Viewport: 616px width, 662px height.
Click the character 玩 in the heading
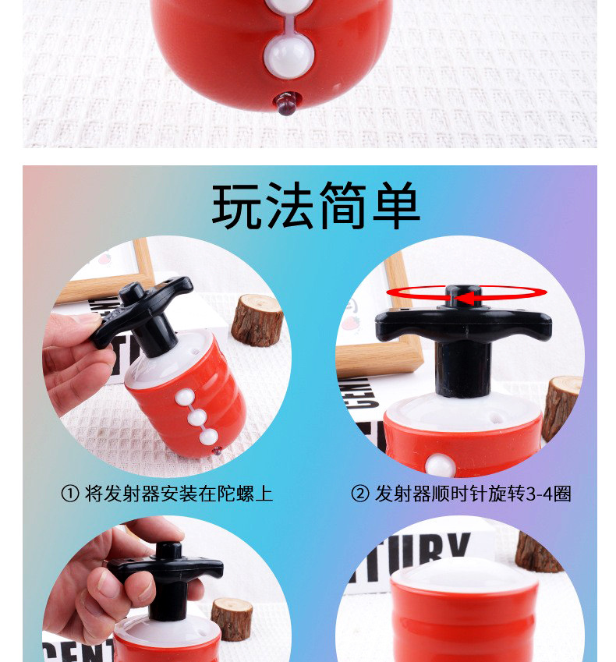[x=238, y=207]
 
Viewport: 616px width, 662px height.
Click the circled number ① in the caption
[x=70, y=494]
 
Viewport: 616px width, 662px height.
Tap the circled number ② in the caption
[x=359, y=494]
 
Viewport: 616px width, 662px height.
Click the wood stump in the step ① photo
[x=256, y=320]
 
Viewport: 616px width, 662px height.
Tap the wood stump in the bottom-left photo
[x=232, y=618]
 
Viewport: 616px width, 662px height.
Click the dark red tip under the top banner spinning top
[x=286, y=102]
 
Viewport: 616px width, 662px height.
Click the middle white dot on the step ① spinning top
[x=196, y=418]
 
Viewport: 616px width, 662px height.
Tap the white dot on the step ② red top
[x=442, y=466]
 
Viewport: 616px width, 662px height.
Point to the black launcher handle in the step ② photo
[x=463, y=326]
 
